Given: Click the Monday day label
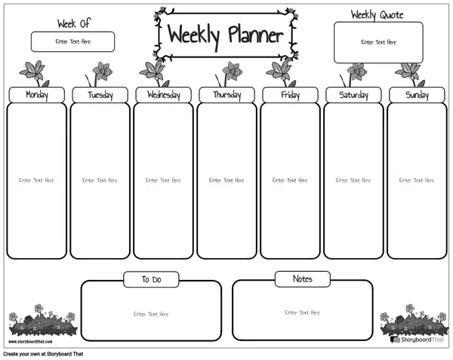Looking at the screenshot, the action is (37, 95).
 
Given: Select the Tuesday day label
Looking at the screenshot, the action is (100, 95).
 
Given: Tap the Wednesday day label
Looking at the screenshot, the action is (164, 95).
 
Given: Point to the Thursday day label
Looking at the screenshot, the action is (227, 95).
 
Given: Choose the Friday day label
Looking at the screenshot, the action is (291, 95).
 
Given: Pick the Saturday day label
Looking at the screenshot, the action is (353, 95).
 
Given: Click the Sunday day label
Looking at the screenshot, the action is (417, 95).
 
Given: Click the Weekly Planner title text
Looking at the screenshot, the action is (226, 35).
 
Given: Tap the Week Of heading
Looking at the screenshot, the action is (74, 23).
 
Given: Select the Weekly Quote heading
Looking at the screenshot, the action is (377, 14).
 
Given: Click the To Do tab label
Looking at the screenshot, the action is (152, 279).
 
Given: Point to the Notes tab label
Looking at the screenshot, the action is (303, 279).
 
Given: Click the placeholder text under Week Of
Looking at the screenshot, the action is (72, 42).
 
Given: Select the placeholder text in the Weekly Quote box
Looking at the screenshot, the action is (378, 42).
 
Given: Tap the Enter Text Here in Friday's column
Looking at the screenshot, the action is (290, 180).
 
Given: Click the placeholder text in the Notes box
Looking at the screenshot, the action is (302, 312).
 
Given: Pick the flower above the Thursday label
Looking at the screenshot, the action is (229, 74).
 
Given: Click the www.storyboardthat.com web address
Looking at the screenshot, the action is (30, 342).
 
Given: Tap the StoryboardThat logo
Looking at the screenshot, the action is (417, 340).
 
